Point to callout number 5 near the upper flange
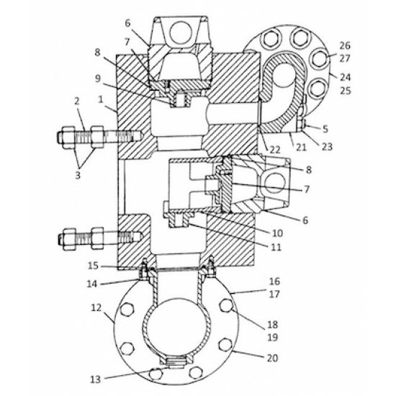325,129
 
